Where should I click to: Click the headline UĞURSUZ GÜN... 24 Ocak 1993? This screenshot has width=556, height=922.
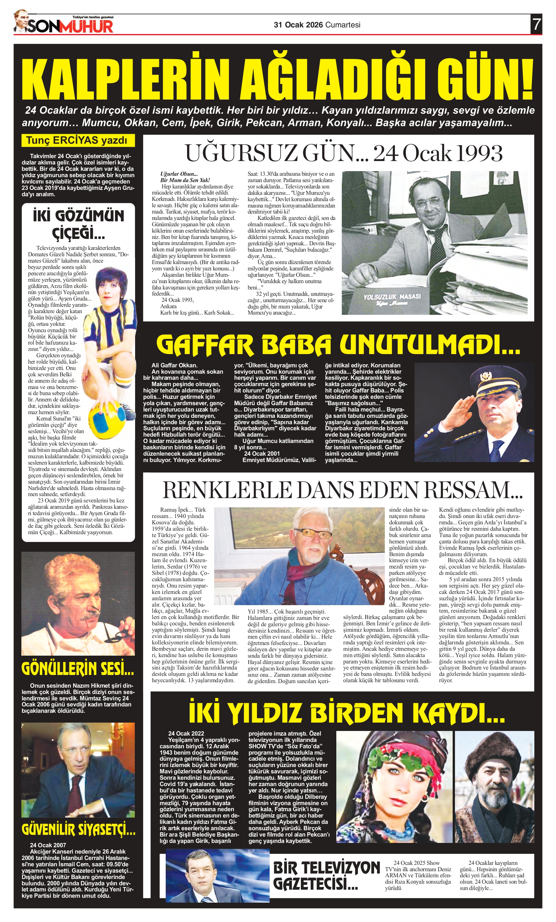[343, 153]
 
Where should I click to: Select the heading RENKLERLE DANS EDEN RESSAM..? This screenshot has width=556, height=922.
[343, 491]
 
